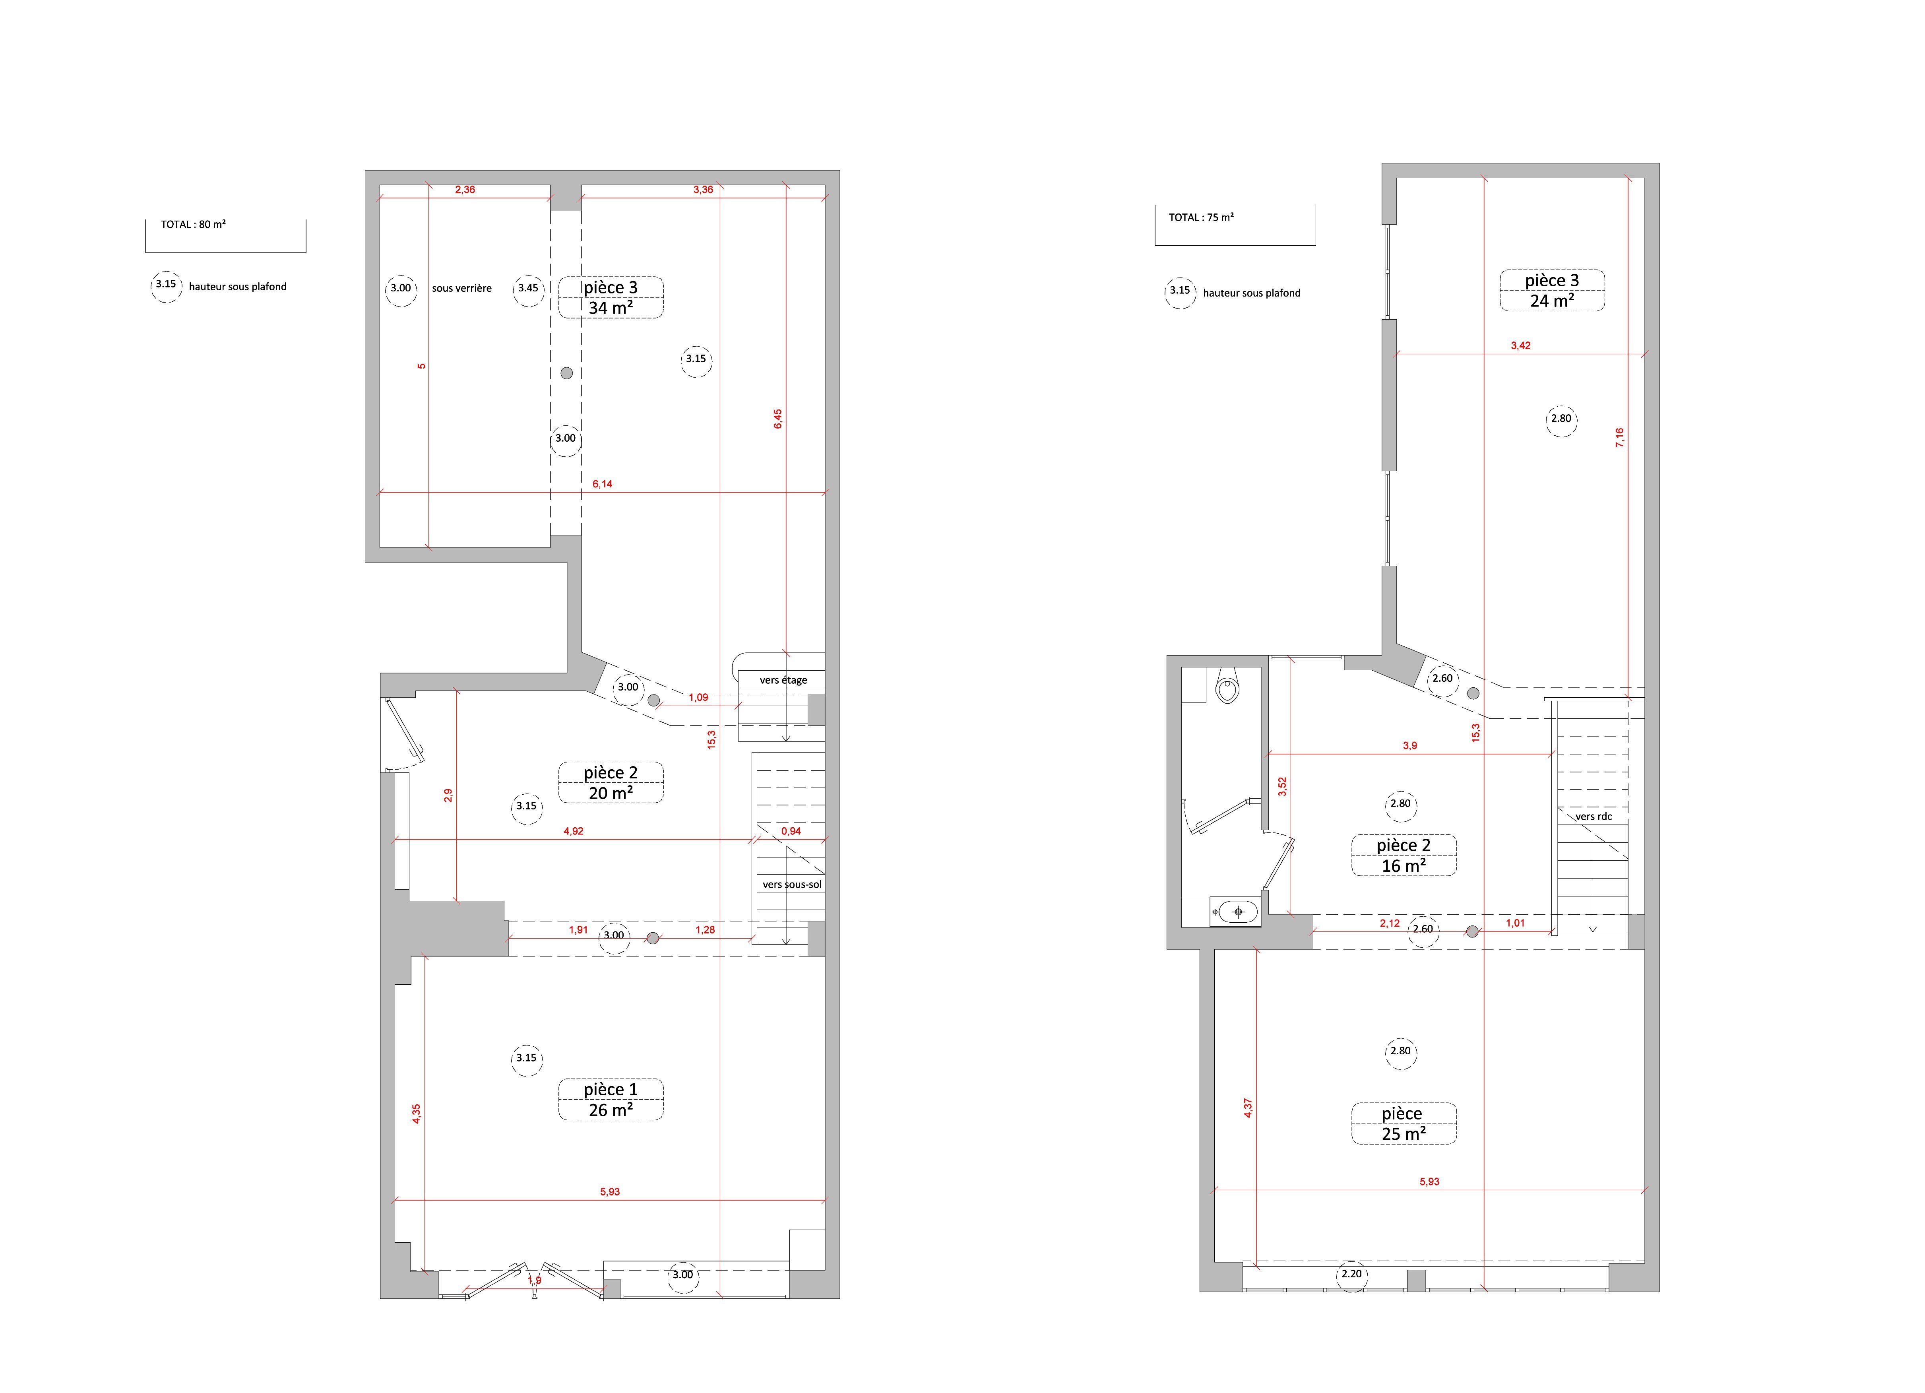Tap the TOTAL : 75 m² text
(1201, 217)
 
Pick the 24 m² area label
(1553, 301)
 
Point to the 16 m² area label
(1404, 866)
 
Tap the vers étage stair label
(783, 680)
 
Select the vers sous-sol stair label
(792, 885)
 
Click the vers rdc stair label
(1594, 817)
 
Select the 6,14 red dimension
(603, 484)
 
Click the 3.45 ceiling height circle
(528, 289)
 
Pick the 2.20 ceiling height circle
(1351, 1274)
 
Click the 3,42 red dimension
(1521, 345)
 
